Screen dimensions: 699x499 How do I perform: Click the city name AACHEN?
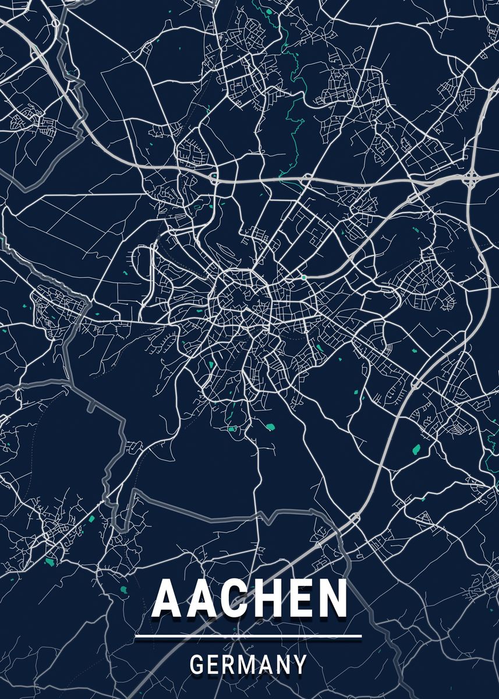(250, 599)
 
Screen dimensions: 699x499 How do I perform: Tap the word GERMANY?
(249, 665)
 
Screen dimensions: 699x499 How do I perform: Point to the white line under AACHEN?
(249, 637)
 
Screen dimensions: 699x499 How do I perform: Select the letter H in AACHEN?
(268, 599)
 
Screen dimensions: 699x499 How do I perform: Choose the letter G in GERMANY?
(197, 665)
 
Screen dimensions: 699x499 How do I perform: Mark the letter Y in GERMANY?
(300, 665)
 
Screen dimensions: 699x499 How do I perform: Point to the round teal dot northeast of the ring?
(304, 277)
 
